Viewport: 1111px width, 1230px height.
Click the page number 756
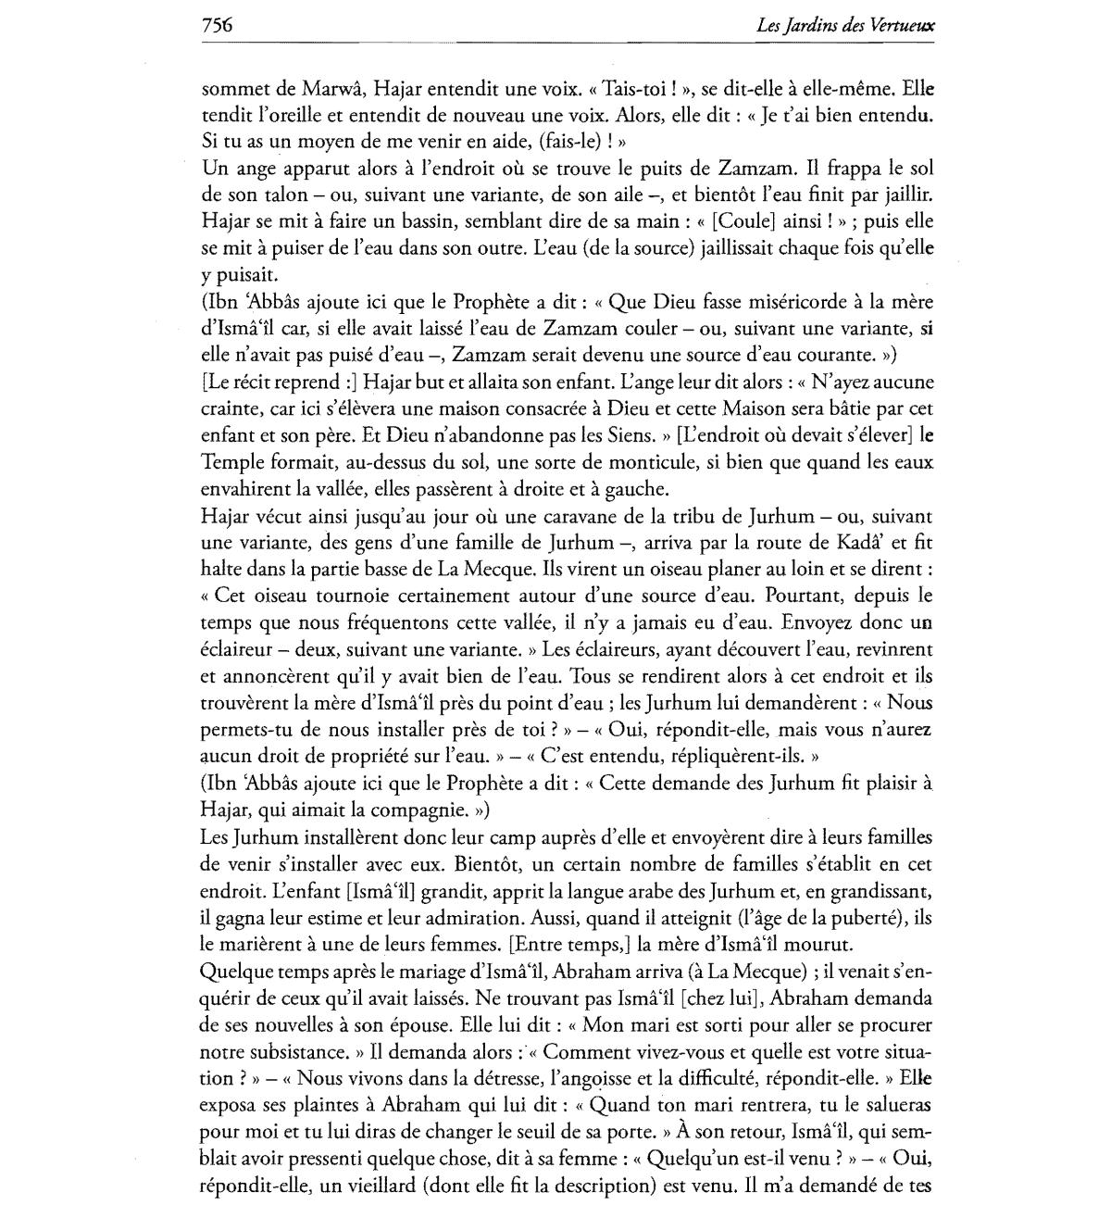[216, 25]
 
